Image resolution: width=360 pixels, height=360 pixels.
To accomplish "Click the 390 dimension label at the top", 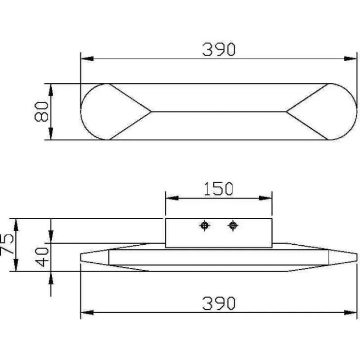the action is point(219,49).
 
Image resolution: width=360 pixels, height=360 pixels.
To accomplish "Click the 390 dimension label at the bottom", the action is point(219,303).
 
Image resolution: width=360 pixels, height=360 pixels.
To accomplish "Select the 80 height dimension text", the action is point(41,112).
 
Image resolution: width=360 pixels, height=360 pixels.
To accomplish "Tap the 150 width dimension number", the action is point(219,189).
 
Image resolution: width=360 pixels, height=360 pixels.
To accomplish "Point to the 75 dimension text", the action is point(7,244).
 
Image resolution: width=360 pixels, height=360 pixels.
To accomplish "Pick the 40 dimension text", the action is point(42,257).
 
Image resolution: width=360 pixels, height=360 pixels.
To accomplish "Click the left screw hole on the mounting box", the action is point(204,225).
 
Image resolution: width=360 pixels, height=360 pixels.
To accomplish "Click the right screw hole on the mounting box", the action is point(233,225).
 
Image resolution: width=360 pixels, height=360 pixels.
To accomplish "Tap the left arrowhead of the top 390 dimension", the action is point(87,58).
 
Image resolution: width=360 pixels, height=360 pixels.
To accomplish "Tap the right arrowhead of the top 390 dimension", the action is point(351,58).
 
